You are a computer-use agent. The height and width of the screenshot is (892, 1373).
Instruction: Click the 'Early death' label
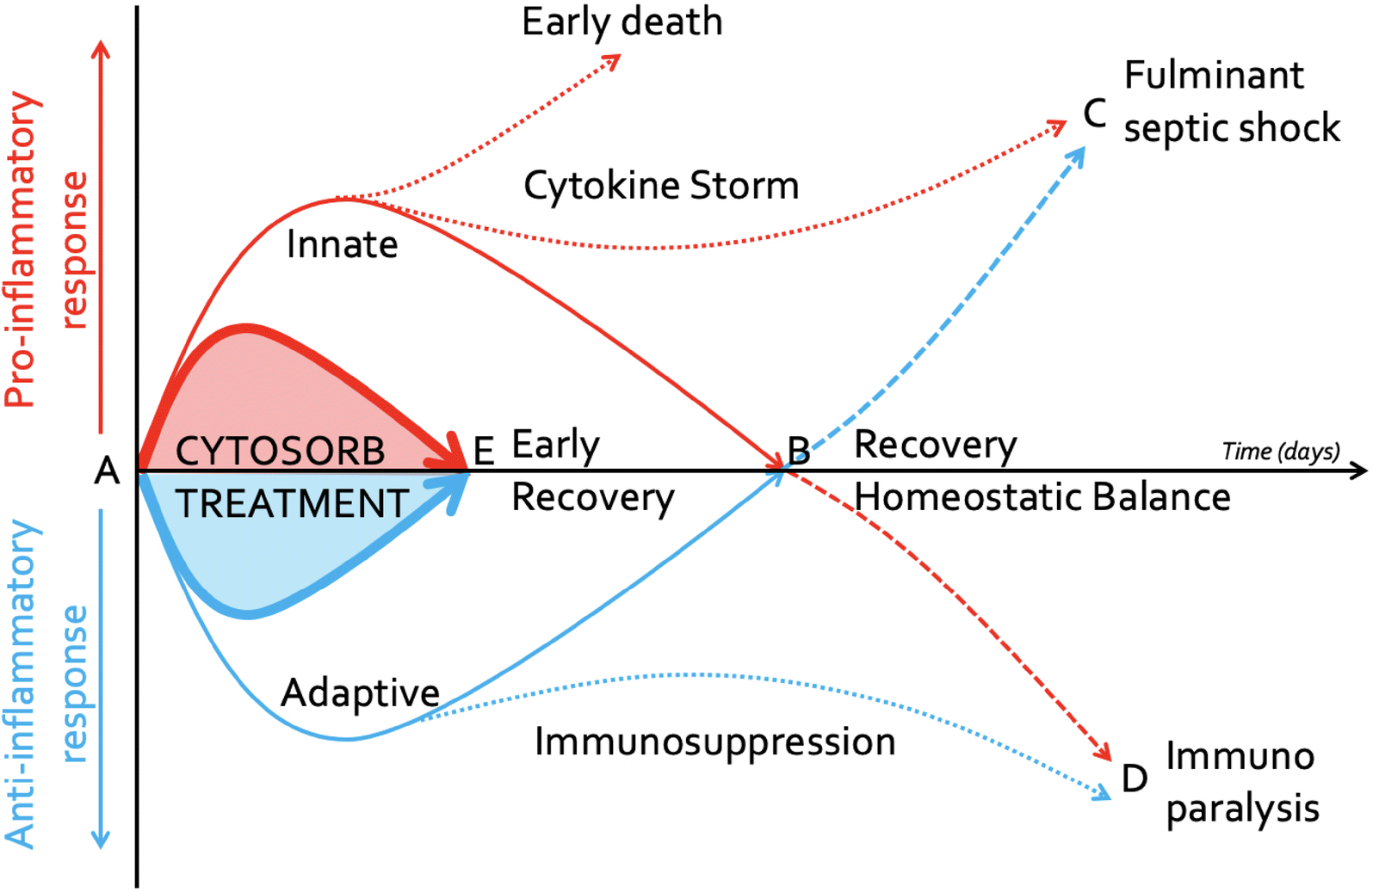(622, 22)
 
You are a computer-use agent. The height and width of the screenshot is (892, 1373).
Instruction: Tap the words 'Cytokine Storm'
(661, 186)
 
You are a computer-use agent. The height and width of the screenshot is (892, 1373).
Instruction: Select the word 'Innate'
(342, 245)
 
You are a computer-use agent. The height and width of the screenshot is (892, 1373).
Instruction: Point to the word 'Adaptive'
(360, 693)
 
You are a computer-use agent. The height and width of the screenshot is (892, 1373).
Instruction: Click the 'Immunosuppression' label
(714, 742)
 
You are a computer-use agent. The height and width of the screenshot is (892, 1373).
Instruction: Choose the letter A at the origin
(107, 471)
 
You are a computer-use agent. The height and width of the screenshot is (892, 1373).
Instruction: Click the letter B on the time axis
(799, 451)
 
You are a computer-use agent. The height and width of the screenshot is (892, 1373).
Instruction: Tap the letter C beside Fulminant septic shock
(1094, 114)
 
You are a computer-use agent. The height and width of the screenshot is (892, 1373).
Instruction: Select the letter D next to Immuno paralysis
(1135, 778)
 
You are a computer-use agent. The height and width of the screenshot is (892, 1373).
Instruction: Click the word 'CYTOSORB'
(280, 452)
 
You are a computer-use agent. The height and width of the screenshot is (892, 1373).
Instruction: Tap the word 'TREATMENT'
(292, 504)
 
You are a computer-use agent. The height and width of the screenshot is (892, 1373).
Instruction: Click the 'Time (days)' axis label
(1280, 452)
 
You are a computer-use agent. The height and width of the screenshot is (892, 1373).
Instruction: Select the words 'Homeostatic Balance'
(1042, 498)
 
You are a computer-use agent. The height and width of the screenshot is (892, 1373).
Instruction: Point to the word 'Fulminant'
(1214, 76)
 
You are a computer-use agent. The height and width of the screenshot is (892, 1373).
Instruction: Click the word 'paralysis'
(1242, 809)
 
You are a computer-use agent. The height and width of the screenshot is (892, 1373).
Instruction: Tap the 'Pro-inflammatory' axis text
(23, 249)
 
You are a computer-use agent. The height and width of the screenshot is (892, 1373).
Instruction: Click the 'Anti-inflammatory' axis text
(22, 684)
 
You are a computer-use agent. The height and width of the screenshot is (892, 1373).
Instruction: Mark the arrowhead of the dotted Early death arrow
(614, 60)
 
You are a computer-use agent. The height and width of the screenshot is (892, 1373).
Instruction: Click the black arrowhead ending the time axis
(1359, 471)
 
